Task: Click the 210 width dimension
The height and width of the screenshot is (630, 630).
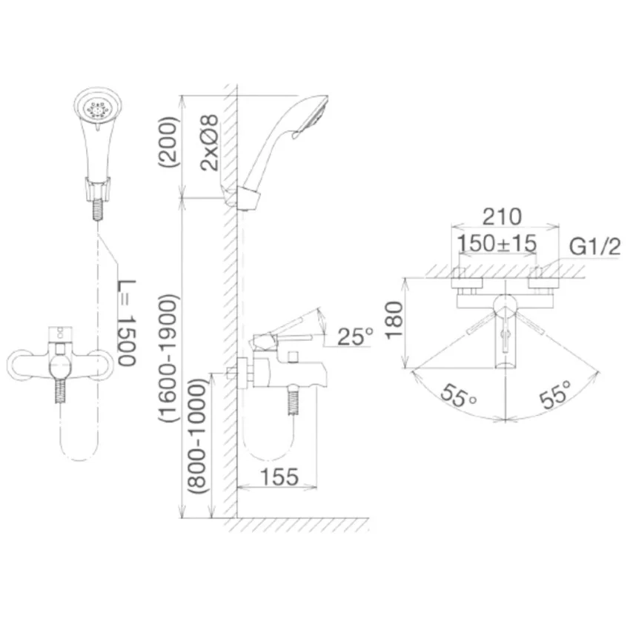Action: [x=502, y=216]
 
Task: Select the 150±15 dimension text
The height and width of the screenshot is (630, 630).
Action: [x=497, y=244]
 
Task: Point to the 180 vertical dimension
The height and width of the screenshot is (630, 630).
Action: [x=394, y=320]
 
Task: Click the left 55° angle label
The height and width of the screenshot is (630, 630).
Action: [x=457, y=395]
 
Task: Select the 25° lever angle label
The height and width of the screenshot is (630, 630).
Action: [x=355, y=336]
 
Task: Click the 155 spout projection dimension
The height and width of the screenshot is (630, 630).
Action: [x=279, y=477]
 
